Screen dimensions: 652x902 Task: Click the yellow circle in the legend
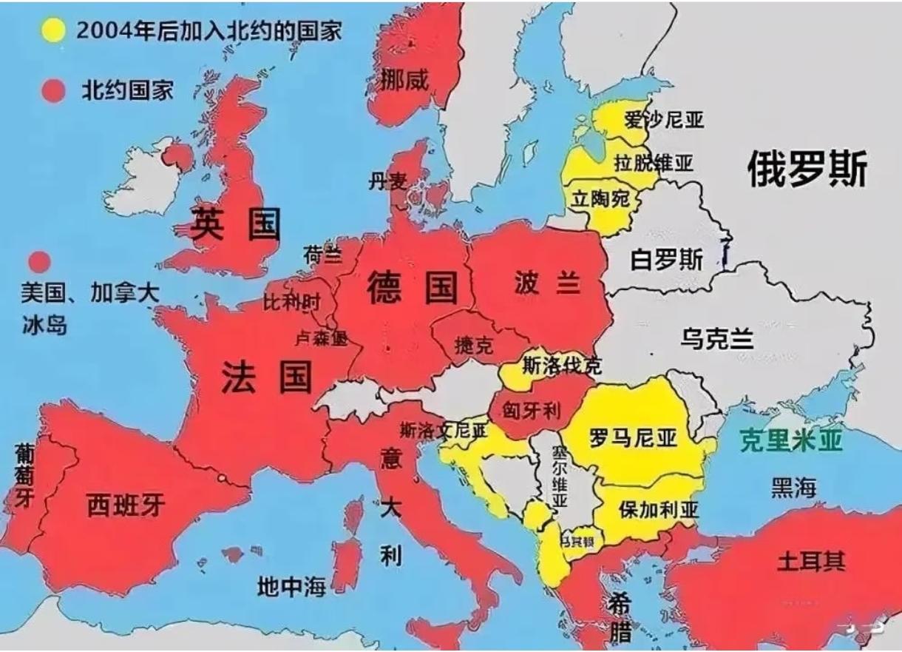(52, 30)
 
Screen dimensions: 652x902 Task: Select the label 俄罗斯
(807, 169)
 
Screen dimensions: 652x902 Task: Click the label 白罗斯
(666, 259)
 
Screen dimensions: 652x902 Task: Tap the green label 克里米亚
(792, 441)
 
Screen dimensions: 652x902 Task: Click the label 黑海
(793, 488)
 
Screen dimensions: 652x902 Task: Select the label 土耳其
(810, 561)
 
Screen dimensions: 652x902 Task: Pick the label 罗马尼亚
(633, 438)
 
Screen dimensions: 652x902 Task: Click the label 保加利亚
(649, 509)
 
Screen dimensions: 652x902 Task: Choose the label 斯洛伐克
(561, 365)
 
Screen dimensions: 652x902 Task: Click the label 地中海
(291, 587)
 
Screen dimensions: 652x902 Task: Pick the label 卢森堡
(320, 338)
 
